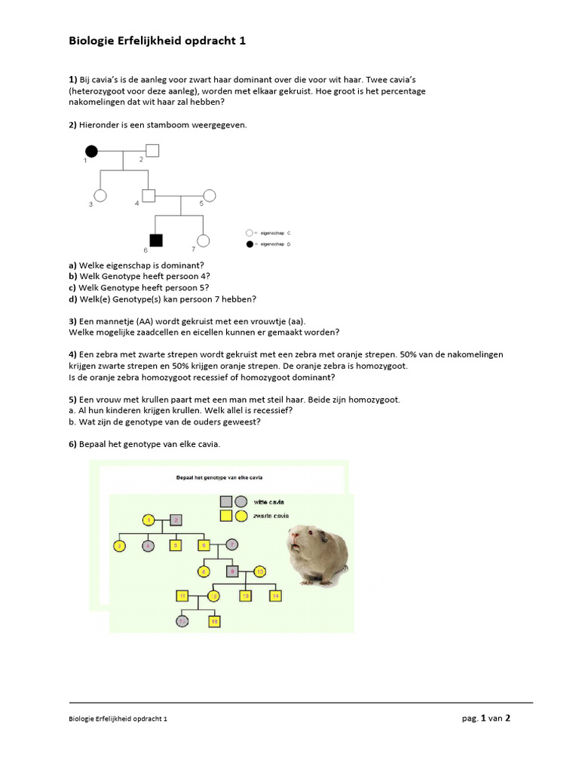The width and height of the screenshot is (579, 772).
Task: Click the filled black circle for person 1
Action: pyautogui.click(x=92, y=151)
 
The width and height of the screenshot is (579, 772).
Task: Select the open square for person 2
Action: pyautogui.click(x=152, y=150)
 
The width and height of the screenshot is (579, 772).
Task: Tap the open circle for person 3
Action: pyautogui.click(x=100, y=196)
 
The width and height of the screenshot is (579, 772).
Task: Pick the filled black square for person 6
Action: pyautogui.click(x=156, y=240)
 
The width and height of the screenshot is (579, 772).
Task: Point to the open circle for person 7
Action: pyautogui.click(x=203, y=240)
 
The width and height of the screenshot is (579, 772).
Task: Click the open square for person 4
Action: pyautogui.click(x=149, y=196)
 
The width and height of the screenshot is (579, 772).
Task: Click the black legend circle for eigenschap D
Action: pyautogui.click(x=250, y=245)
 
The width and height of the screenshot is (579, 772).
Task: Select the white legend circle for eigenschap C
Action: pyautogui.click(x=250, y=234)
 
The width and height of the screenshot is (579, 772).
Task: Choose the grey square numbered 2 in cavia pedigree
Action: pyautogui.click(x=176, y=519)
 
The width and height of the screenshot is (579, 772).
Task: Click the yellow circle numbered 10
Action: pyautogui.click(x=260, y=571)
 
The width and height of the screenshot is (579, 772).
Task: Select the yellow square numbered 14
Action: pyautogui.click(x=276, y=596)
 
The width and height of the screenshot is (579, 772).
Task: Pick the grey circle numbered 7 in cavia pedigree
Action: pyautogui.click(x=231, y=544)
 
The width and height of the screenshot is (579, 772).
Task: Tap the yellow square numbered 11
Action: pyautogui.click(x=182, y=596)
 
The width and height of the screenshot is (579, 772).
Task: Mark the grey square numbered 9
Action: pyautogui.click(x=233, y=571)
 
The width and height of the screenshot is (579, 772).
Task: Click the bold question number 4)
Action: pyautogui.click(x=73, y=354)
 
